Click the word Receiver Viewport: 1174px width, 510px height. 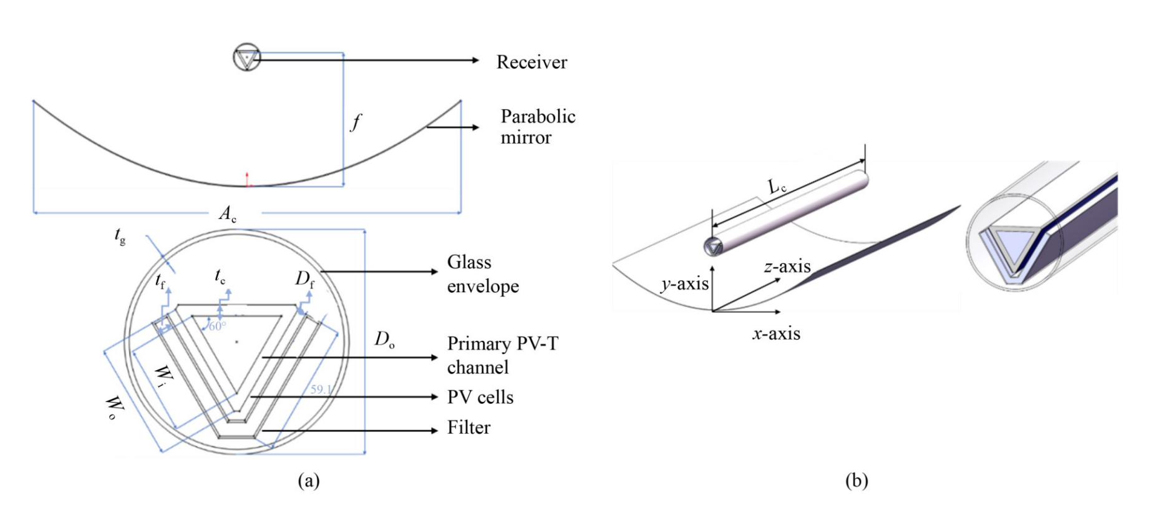(531, 62)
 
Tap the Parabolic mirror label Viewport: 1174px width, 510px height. (537, 127)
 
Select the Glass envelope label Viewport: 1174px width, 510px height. (482, 274)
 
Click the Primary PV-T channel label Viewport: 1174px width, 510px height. (502, 355)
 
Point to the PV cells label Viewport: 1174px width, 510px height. (480, 397)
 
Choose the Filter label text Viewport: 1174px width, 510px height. (468, 428)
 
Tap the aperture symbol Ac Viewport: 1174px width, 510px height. (228, 214)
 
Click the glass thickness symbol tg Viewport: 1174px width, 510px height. (120, 235)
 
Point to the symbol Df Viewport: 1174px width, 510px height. (304, 278)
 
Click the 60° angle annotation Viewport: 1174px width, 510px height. (217, 326)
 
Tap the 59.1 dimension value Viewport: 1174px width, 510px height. (321, 390)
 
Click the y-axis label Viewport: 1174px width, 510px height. (684, 284)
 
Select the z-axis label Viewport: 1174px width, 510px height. (787, 267)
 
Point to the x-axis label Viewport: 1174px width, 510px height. (776, 333)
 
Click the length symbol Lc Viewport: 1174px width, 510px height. (777, 187)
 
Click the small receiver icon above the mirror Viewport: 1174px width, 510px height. (246, 57)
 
